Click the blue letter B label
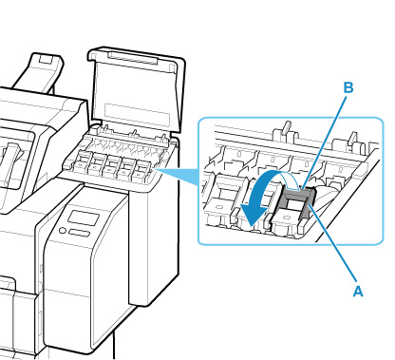[x=348, y=87]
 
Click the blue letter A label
[x=358, y=291]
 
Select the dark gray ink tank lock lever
[x=297, y=201]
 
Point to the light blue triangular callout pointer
[x=179, y=177]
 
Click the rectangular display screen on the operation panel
[x=84, y=218]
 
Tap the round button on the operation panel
[x=63, y=230]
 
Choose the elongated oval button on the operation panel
[x=79, y=233]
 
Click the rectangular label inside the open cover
[x=137, y=114]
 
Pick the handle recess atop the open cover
[x=133, y=59]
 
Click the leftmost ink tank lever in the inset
[x=225, y=196]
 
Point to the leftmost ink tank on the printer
[x=81, y=161]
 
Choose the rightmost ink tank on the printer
[x=142, y=169]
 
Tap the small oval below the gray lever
[x=288, y=218]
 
